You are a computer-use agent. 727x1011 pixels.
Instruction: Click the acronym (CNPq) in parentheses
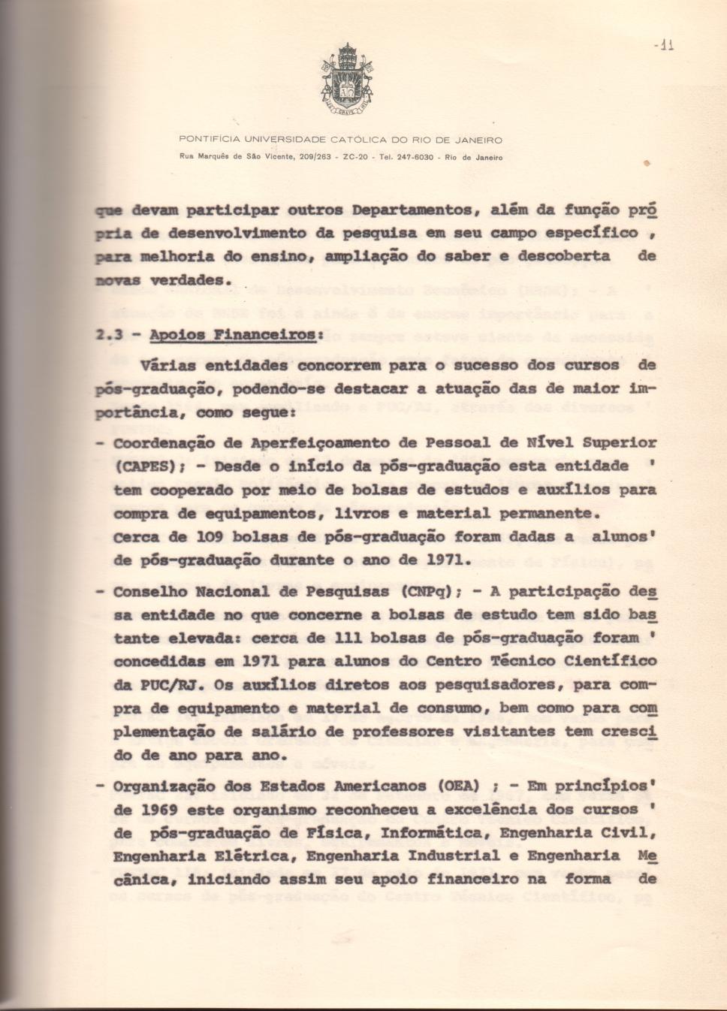[427, 591]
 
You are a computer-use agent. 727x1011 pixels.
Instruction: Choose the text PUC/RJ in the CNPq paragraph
[159, 685]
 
